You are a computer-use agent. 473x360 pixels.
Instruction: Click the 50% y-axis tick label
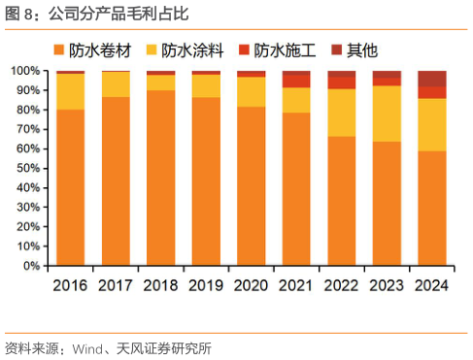click(27, 168)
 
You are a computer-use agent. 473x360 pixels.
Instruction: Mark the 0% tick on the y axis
click(31, 265)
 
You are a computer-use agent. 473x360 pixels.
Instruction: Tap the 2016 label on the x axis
click(70, 285)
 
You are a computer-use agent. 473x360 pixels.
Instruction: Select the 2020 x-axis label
click(251, 285)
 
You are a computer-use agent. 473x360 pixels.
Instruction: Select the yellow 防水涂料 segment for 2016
click(70, 91)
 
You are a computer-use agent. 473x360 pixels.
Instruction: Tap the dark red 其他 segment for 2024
click(432, 79)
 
